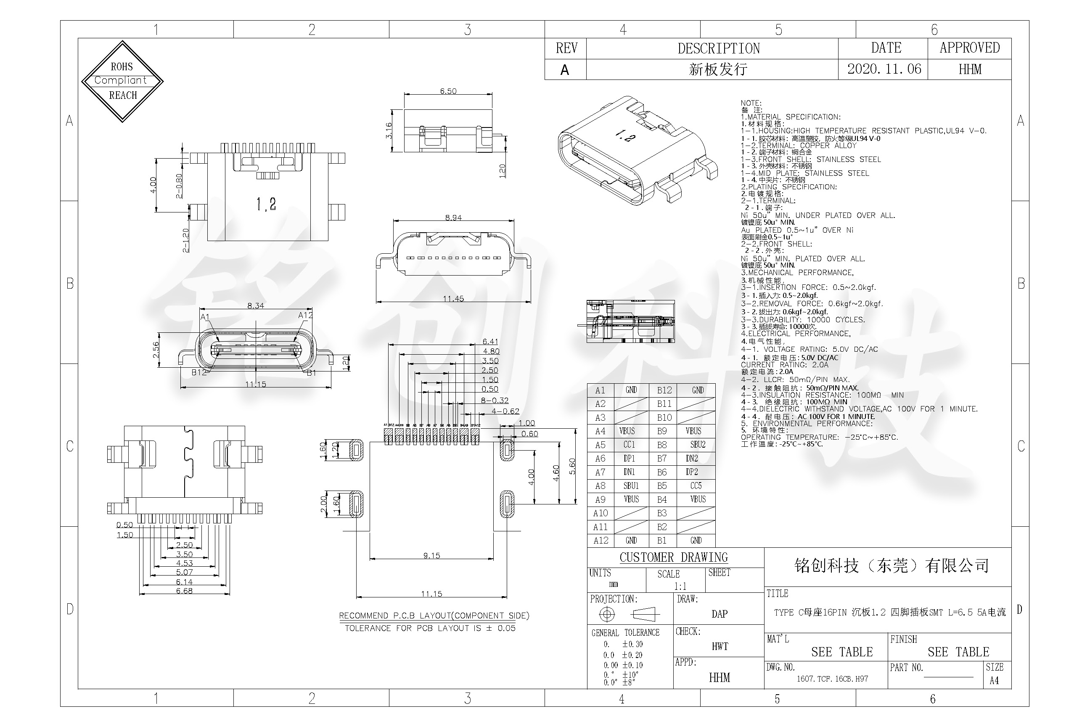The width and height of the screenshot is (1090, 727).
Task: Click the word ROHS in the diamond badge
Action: point(122,67)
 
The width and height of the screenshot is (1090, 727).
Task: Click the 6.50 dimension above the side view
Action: point(448,91)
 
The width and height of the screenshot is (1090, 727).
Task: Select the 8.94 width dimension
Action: point(453,218)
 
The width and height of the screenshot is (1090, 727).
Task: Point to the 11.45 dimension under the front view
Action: point(453,299)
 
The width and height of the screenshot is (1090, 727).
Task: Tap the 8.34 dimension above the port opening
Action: point(256,305)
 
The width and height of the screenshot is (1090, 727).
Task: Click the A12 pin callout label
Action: point(305,315)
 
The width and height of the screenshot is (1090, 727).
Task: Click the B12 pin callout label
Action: point(199,372)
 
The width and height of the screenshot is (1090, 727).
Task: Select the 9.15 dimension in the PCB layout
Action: point(431,555)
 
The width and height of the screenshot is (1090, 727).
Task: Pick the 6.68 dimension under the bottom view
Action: point(184,591)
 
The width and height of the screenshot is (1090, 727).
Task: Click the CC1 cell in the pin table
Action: point(629,445)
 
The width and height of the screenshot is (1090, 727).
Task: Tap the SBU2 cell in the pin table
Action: point(698,445)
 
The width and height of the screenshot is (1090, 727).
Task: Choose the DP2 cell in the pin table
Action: point(692,472)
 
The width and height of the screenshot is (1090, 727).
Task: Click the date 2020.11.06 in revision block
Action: point(884,69)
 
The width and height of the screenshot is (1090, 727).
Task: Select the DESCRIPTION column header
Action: point(718,48)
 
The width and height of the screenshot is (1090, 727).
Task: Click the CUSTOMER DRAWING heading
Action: point(673,557)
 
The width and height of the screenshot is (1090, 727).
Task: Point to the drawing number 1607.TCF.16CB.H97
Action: point(832,679)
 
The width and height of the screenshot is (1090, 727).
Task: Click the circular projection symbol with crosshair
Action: point(607,614)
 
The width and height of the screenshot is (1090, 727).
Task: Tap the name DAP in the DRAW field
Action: point(719,614)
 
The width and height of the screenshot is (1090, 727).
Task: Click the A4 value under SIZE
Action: point(994,681)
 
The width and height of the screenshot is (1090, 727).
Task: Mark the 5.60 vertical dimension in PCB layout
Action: point(572,466)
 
